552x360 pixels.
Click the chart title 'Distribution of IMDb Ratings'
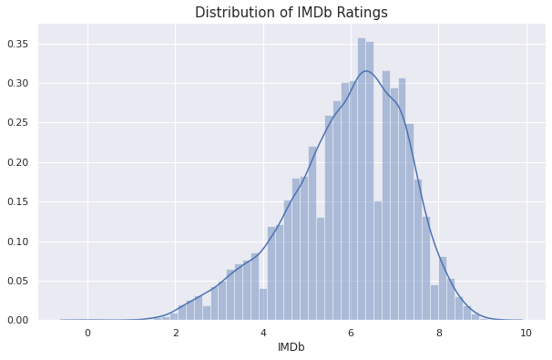pos(291,13)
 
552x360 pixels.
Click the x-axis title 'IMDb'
pos(291,347)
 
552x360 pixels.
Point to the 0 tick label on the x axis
pos(87,333)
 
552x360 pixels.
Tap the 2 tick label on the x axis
pos(176,333)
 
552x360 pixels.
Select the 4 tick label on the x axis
pos(263,333)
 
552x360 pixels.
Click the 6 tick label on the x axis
pos(351,333)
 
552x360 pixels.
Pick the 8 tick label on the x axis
pos(439,333)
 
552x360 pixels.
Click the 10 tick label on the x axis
pos(526,333)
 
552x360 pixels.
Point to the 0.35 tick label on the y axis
pos(17,44)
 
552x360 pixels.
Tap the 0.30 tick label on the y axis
pos(17,84)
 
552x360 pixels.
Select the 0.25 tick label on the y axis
pos(17,123)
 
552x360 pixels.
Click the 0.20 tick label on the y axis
pos(17,162)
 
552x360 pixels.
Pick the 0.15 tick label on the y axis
pos(17,201)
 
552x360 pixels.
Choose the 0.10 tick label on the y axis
pos(17,242)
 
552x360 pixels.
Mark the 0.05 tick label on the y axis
pos(17,281)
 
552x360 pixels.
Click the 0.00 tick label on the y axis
pos(17,320)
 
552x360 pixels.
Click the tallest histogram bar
pos(362,182)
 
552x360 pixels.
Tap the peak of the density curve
pos(366,71)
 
